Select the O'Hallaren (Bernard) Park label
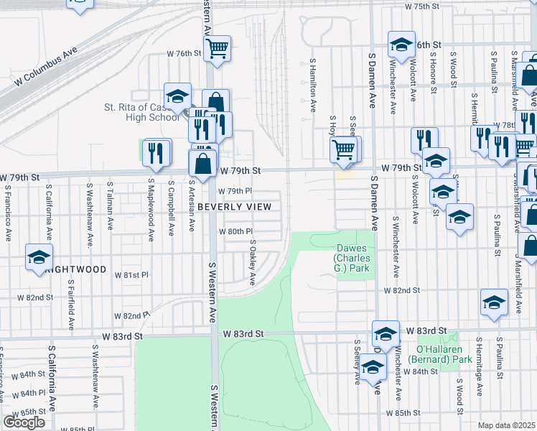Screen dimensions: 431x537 pos(439,354)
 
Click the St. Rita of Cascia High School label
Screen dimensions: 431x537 pos(141,112)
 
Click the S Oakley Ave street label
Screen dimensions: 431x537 pos(252,262)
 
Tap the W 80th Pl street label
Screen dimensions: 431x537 pos(236,231)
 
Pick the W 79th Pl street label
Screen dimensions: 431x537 pos(236,191)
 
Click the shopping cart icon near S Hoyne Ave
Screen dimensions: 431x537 pos(344,149)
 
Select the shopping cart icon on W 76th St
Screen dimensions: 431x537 pos(217,48)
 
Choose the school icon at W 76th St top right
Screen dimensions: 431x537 pos(401,45)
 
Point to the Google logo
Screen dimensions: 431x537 pos(24,422)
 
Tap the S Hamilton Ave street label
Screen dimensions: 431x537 pos(313,86)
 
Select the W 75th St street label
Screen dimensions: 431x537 pos(421,6)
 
